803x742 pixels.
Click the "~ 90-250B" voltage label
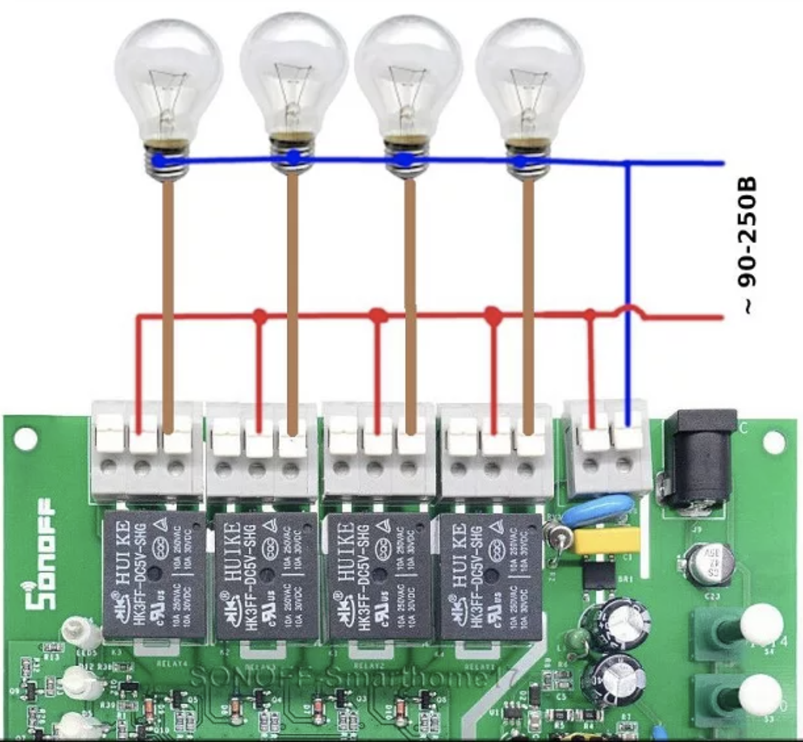(747, 245)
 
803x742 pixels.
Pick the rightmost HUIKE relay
(490, 577)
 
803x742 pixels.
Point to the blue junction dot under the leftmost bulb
(159, 160)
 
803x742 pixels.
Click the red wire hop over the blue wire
(628, 311)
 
